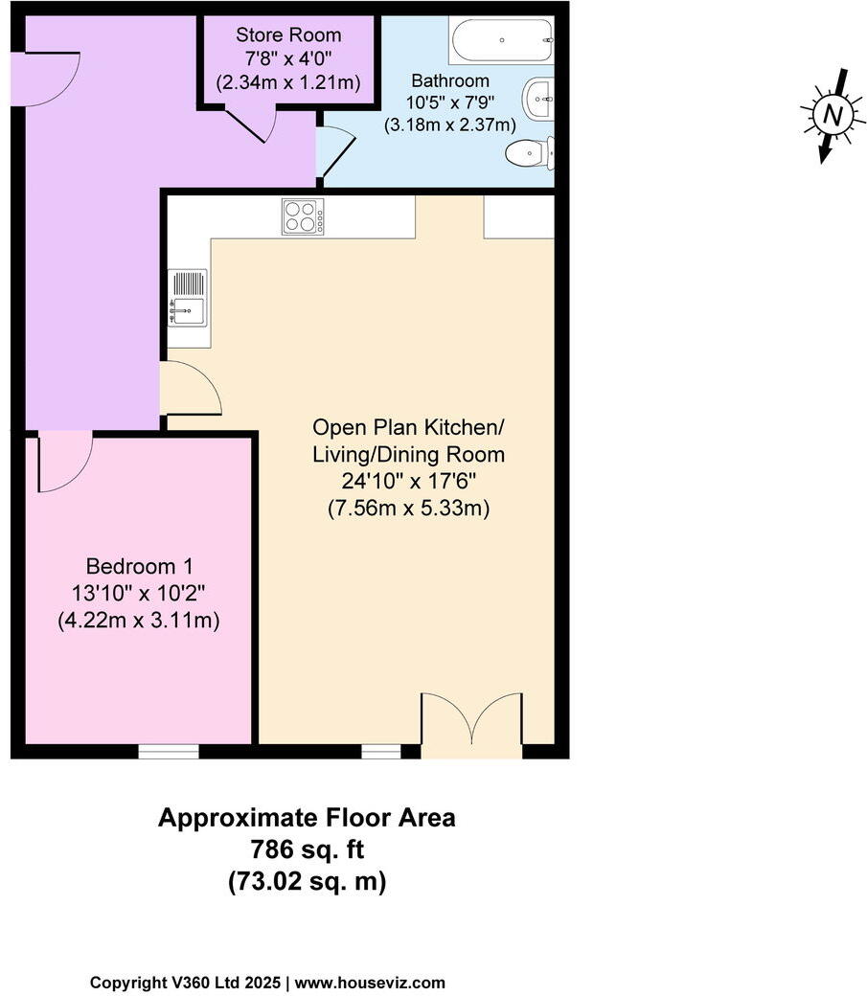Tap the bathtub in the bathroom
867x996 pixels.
(x=500, y=40)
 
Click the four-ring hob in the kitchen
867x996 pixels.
(x=302, y=216)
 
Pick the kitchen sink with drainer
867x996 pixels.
(x=188, y=298)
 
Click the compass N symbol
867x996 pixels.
(x=833, y=115)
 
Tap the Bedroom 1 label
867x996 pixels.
(x=139, y=565)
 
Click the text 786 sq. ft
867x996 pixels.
(x=307, y=849)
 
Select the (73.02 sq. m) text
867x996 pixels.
(x=307, y=880)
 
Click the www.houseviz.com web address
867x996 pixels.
(x=370, y=983)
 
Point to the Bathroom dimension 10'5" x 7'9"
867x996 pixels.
(x=450, y=102)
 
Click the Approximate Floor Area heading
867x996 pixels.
(x=307, y=819)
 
